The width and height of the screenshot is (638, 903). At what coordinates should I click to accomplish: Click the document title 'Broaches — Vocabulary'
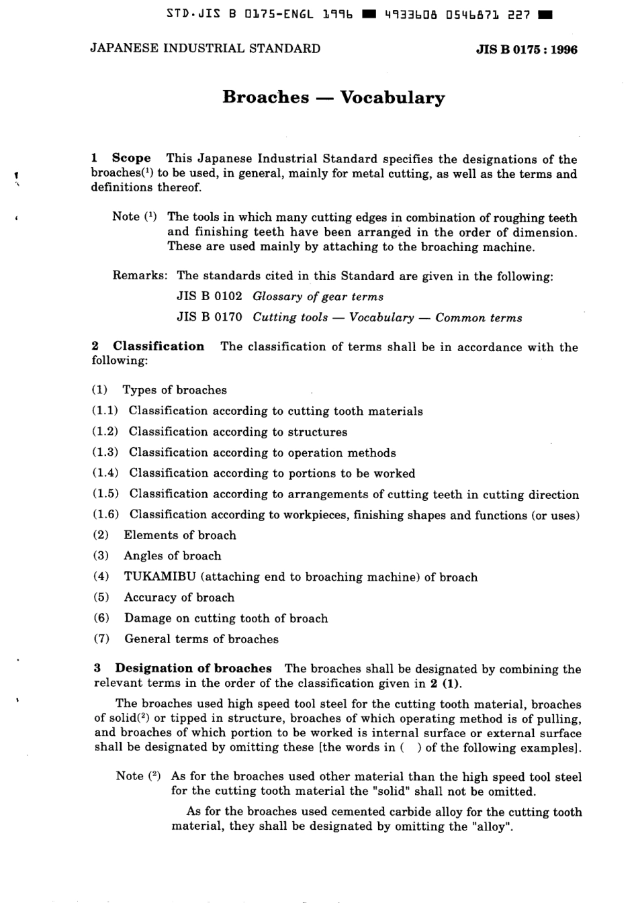333,97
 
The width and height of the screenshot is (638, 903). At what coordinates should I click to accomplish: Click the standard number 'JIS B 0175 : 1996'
527,49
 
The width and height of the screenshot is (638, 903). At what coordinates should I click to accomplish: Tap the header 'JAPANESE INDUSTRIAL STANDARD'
205,48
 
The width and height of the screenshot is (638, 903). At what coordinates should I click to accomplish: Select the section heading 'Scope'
131,158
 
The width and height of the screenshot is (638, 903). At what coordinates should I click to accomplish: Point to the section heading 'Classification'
158,346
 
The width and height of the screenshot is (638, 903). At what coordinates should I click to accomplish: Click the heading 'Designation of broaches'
193,668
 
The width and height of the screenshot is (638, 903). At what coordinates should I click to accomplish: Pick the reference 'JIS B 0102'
209,296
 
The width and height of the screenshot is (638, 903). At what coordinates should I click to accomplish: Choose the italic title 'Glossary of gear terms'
318,297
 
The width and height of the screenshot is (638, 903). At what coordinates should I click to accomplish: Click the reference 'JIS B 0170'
209,318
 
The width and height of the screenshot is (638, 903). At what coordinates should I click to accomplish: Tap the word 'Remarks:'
140,275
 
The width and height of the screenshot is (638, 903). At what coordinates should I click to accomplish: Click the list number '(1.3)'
105,453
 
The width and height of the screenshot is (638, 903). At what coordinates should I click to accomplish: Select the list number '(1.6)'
105,515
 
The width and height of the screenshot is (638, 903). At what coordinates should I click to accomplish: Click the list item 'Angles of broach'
172,556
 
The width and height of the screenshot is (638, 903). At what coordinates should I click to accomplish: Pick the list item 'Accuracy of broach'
179,598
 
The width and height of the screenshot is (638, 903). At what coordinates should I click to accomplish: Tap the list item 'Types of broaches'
175,390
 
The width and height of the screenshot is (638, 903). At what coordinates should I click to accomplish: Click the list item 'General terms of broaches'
201,639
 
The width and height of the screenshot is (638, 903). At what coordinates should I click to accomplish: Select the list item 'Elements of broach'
180,535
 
